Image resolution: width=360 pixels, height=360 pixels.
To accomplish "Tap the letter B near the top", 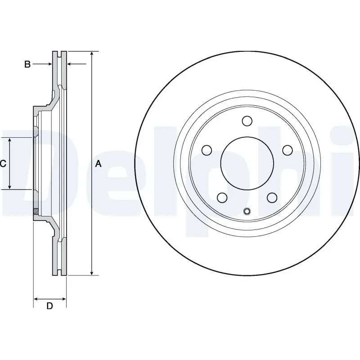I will point(27,65).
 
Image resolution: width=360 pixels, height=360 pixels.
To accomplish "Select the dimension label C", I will point(3,164).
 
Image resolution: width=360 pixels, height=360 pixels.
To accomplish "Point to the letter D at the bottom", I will point(50,306).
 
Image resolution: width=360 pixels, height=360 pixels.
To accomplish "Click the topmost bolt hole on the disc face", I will point(247,121).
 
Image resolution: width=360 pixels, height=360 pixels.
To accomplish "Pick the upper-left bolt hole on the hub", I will point(207,150).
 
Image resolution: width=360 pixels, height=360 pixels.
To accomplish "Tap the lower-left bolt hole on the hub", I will point(222,197).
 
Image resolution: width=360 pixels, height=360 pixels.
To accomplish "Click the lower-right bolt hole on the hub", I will point(271,197).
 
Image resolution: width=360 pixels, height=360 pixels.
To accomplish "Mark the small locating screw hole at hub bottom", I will point(247,212).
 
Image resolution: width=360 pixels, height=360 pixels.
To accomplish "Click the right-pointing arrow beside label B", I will point(49,65).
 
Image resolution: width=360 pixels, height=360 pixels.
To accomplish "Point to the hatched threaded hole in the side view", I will point(35,211).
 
